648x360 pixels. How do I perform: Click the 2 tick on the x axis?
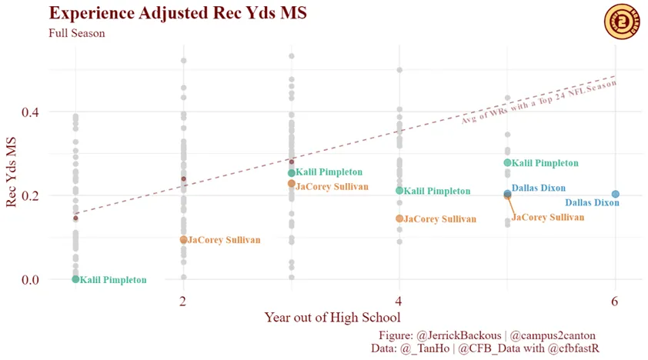(183, 300)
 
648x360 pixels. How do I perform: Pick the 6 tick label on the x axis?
(615, 300)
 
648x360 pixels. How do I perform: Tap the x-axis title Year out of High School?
(332, 317)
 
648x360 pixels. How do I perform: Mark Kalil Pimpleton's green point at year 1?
(75, 279)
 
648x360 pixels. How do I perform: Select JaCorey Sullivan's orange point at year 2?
(183, 240)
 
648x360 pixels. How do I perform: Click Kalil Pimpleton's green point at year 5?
(507, 162)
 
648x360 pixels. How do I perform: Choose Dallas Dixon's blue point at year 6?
(615, 195)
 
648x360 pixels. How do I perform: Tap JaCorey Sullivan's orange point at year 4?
(399, 218)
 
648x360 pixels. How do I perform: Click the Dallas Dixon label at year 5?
(539, 188)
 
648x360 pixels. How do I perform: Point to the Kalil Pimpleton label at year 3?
(329, 172)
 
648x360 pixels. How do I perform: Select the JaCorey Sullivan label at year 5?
(548, 218)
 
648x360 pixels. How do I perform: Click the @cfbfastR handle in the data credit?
(573, 348)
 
